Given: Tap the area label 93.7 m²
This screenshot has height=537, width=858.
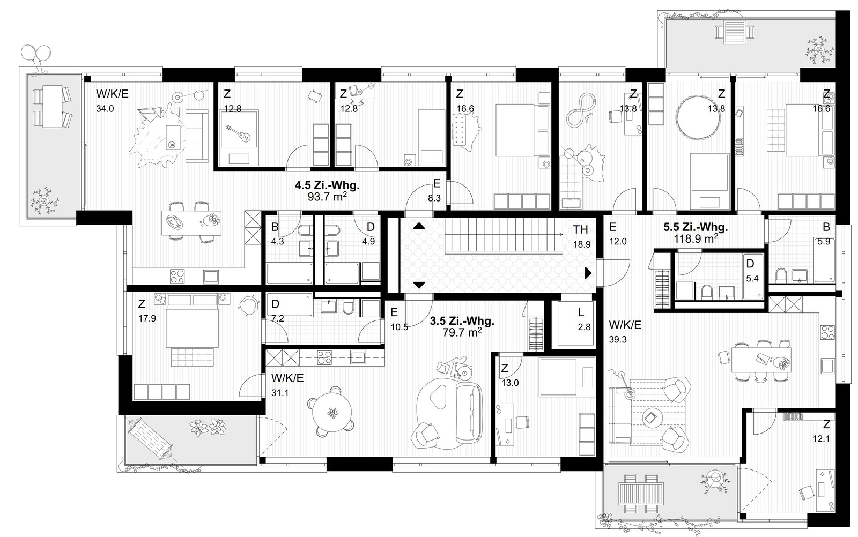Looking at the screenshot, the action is [x=328, y=197].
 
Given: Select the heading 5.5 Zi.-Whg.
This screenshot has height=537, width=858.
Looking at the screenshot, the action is [x=696, y=227].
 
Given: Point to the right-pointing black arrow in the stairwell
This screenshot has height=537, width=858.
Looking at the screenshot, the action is [x=588, y=273].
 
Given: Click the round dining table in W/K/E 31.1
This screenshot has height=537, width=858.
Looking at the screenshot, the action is [x=332, y=412].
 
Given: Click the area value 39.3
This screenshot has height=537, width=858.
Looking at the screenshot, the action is [x=617, y=339].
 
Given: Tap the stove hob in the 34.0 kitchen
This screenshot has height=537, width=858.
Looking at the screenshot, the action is [x=177, y=276].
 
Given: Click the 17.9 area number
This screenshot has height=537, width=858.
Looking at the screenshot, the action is [x=147, y=318].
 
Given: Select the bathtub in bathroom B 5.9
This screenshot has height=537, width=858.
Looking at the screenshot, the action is [x=825, y=260].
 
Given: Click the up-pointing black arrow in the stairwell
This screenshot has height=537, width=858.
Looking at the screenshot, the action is [x=419, y=226].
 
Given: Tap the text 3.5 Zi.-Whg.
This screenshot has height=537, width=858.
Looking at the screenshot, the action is [x=462, y=320].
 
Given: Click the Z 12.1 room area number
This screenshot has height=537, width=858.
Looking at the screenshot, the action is [x=821, y=438].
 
